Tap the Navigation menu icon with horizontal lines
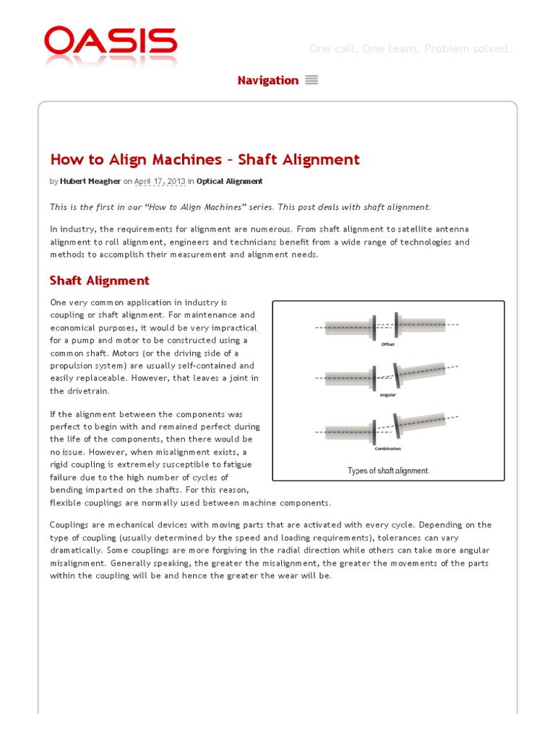pos(311,80)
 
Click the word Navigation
pos(267,80)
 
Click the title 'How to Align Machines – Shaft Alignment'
pos(205,159)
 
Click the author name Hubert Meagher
pos(90,181)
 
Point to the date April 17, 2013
pos(160,181)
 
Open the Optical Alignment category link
pos(229,181)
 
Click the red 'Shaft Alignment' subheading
pos(99,280)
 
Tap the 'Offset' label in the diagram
pos(388,345)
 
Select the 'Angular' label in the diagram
pos(388,395)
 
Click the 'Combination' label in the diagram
pos(388,448)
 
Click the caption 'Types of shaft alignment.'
pos(388,471)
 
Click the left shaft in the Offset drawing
pos(347,328)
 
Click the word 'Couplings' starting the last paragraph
pos(70,525)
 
